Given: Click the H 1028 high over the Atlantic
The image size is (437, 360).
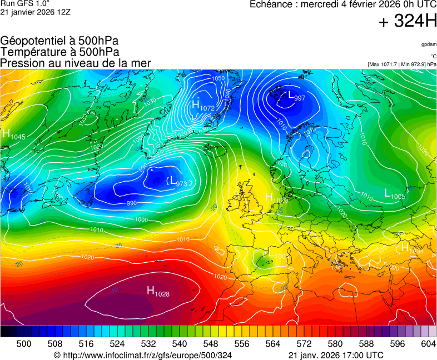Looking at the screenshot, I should point(158,291).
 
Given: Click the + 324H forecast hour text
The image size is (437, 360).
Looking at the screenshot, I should point(408,22).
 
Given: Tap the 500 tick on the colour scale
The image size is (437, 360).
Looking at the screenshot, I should point(24,344).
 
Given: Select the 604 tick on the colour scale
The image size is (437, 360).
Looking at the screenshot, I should point(428,344).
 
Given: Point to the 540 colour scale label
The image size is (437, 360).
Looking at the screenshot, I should point(180,344).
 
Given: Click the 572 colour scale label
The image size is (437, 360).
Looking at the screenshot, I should point(304,344).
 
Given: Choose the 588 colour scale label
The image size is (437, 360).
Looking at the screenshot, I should point(366,344).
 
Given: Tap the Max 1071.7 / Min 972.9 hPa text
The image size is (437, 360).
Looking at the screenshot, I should point(401,64).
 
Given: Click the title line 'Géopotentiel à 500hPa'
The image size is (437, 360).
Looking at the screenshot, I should point(59,41).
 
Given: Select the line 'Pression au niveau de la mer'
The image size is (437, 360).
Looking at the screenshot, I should point(76,63).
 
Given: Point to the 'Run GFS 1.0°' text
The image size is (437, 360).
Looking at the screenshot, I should point(25,4).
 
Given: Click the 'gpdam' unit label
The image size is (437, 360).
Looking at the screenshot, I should point(428,44).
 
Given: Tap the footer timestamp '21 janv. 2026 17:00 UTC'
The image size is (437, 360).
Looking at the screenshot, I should point(336,355).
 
